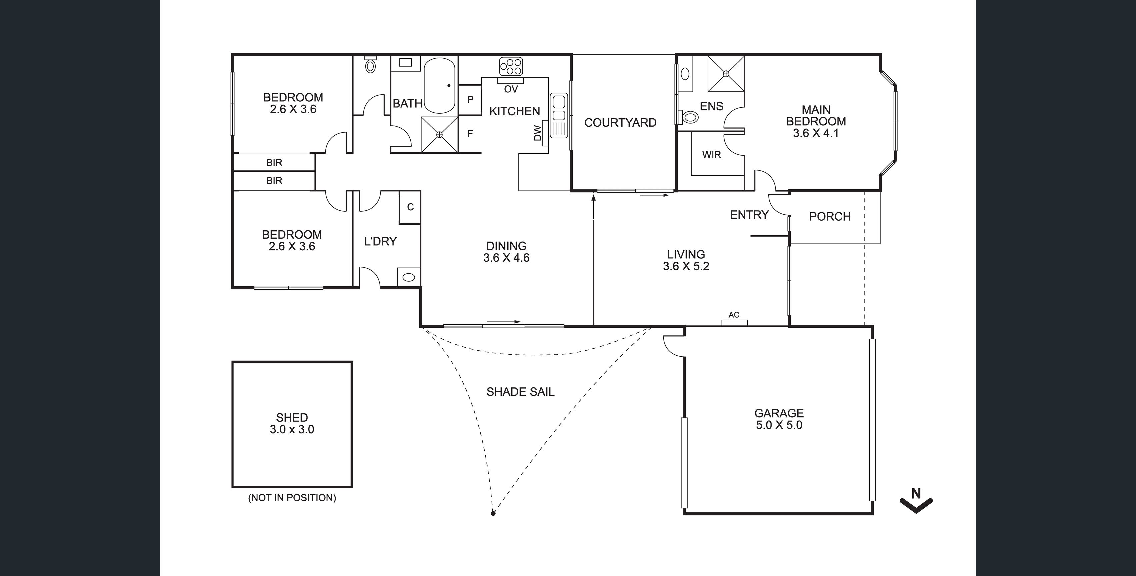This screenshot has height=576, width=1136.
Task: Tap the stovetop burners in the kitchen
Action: (511, 67)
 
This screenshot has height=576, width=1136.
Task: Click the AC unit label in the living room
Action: (734, 315)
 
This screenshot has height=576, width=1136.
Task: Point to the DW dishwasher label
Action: (537, 133)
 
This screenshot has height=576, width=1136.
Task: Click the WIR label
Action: (711, 155)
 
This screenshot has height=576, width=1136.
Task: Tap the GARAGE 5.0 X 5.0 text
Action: (779, 419)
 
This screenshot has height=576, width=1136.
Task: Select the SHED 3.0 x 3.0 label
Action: (292, 423)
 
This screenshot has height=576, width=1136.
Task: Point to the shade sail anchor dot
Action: (493, 513)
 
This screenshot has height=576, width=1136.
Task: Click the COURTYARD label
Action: (620, 123)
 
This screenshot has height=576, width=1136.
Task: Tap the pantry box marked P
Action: (470, 100)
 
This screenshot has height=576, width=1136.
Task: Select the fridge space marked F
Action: (470, 134)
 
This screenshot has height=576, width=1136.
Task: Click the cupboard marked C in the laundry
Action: (410, 207)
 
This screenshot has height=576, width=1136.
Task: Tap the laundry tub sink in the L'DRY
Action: (409, 277)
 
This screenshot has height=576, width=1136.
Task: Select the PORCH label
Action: (830, 217)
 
